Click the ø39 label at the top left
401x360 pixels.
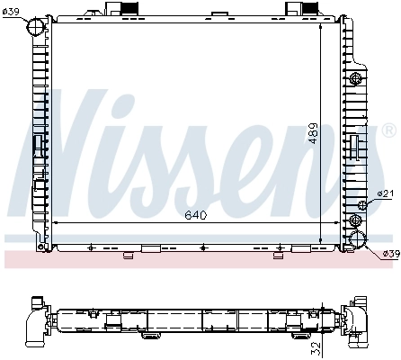coord(12,11)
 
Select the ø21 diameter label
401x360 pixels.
coord(384,193)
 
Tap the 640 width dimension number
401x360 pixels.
coord(196,214)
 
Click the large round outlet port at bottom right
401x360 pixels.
coord(360,240)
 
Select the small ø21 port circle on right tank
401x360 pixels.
coord(363,205)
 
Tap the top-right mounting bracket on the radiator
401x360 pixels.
coord(299,9)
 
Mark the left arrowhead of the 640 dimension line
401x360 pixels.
coord(56,221)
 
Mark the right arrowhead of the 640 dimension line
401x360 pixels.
coord(343,221)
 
